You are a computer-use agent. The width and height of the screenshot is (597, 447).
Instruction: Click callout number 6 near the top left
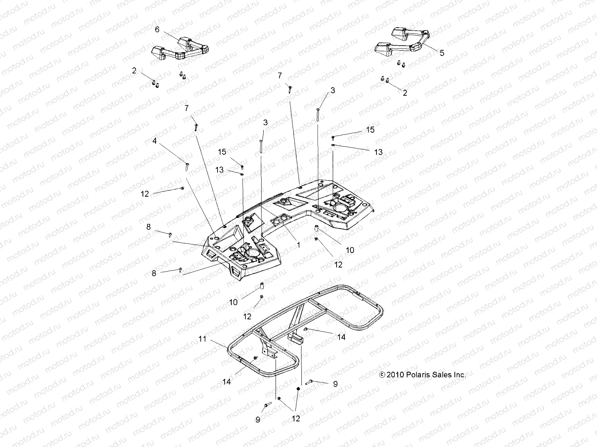point(157,29)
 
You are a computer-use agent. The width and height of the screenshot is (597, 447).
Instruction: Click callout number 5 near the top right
point(442,53)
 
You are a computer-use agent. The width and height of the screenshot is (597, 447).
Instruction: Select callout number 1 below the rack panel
point(298,245)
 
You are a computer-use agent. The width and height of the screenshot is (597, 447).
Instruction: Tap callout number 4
point(154,141)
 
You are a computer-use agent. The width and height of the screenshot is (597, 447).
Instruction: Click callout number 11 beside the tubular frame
point(202,339)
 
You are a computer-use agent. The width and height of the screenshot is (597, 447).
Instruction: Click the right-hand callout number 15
point(370,130)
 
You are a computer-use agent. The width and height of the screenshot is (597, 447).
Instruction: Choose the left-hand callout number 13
point(219,170)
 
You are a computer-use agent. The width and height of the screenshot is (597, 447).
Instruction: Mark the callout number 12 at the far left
point(145,194)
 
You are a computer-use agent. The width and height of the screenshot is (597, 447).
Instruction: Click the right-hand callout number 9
point(335,384)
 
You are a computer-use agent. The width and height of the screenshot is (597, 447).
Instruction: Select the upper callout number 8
point(149,226)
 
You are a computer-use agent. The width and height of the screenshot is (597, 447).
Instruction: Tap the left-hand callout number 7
point(186,108)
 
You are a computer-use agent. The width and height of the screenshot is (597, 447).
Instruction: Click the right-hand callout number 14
point(341,337)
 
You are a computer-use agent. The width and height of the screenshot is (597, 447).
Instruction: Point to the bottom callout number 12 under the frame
point(296,419)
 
